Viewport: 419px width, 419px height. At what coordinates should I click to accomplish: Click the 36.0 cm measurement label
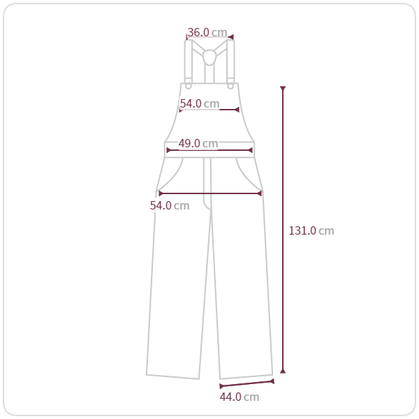[x=207, y=32]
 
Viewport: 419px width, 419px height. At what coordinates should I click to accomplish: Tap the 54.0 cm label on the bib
[x=200, y=103]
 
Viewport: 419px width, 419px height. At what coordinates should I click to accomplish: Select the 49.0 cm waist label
[x=198, y=143]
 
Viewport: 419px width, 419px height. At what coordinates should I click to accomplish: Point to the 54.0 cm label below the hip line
[x=170, y=205]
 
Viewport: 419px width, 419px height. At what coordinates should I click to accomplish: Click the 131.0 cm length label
[x=311, y=230]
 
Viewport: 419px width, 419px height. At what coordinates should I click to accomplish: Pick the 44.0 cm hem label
[x=240, y=397]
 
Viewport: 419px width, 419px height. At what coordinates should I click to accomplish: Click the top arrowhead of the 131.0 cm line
[x=283, y=88]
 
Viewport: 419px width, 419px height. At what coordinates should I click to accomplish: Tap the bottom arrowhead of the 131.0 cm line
[x=283, y=371]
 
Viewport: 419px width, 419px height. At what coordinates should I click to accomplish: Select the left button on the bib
[x=189, y=86]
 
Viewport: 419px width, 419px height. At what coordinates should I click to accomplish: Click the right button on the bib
[x=230, y=86]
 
